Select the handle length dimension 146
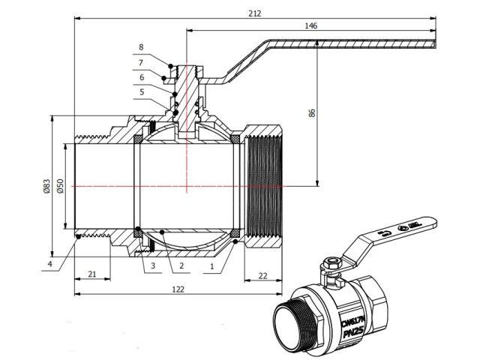pyautogui.click(x=311, y=25)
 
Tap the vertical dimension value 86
pyautogui.click(x=312, y=112)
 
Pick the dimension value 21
pyautogui.click(x=91, y=275)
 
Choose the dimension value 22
pyautogui.click(x=262, y=275)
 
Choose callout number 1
pyautogui.click(x=211, y=265)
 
